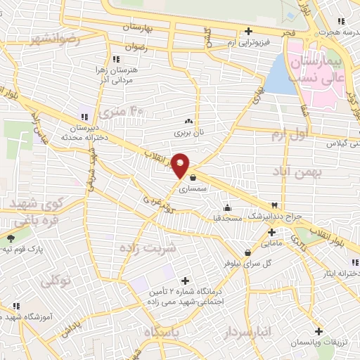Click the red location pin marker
click(181, 165)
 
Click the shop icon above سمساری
click(192, 179)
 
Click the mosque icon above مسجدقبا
click(227, 208)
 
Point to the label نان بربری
click(188, 131)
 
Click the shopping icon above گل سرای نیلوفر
click(247, 253)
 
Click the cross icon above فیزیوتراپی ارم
click(247, 32)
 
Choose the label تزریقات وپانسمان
click(319, 341)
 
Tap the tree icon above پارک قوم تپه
click(9, 239)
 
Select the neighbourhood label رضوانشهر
click(44, 39)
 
